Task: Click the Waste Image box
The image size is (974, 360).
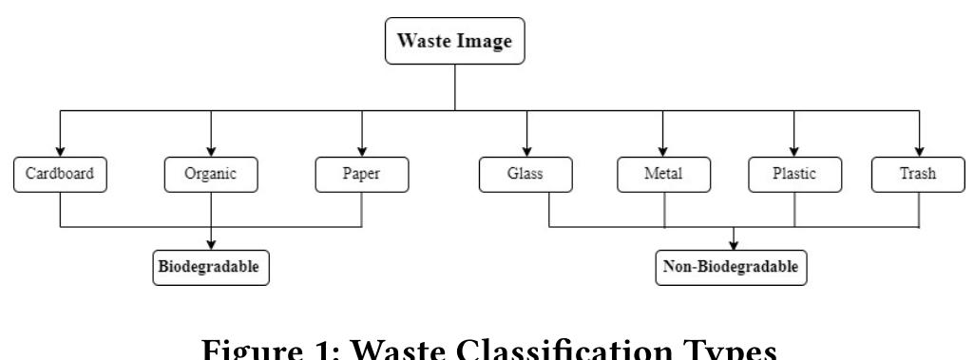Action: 455,43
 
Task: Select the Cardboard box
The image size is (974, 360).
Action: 61,175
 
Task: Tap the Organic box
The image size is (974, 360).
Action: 210,175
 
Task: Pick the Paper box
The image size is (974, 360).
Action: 362,175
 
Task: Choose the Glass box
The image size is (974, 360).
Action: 525,175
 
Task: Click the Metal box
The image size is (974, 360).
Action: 663,175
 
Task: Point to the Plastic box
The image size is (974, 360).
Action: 794,175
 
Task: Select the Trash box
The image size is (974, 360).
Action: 918,175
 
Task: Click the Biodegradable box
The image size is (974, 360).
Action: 210,267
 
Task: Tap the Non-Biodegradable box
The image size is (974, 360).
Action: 733,268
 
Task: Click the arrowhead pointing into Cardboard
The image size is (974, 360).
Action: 61,152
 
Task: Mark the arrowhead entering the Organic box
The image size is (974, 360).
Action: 210,152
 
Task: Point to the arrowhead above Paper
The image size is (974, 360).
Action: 362,152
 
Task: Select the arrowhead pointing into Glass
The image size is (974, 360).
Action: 525,152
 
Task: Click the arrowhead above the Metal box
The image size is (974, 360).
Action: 663,152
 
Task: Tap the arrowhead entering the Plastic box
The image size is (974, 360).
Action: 794,152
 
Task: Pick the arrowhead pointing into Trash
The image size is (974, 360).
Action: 918,152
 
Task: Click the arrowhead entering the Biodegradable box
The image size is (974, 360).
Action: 210,244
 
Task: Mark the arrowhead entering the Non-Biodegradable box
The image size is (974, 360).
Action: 733,245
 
